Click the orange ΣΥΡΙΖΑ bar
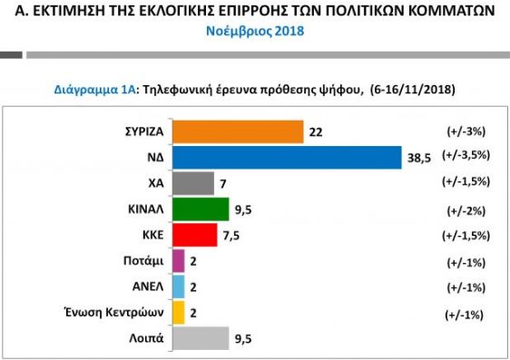point(237,131)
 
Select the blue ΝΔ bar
point(286,157)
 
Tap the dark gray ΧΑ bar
point(192,183)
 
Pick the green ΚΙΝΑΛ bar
point(200,209)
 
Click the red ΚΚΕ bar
point(194,235)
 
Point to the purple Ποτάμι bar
point(178,261)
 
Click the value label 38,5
point(418,157)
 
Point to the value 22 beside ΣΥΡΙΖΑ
point(316,131)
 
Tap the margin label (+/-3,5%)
point(466,156)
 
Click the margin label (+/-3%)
point(463,131)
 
